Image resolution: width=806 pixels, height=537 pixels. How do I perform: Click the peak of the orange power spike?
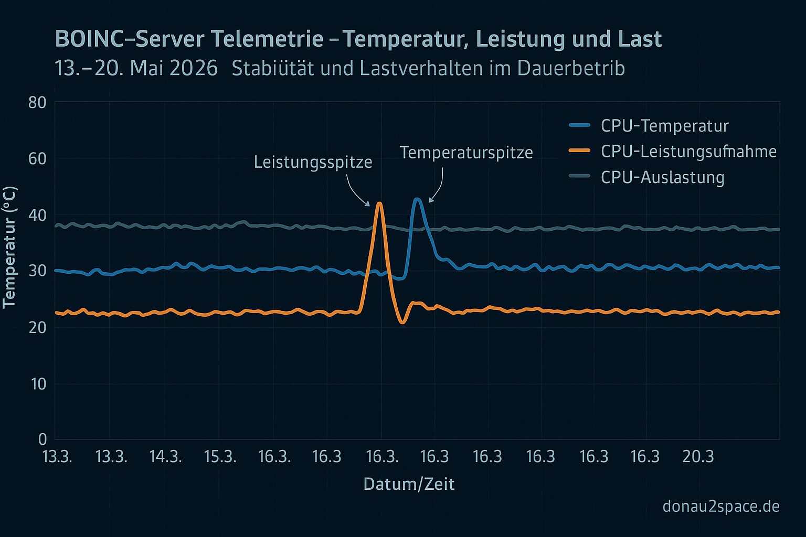379,203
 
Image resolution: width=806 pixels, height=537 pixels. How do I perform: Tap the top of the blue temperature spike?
417,199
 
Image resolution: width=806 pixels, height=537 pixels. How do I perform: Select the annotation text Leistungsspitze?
313,162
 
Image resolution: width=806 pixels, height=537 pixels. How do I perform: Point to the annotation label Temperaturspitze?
466,153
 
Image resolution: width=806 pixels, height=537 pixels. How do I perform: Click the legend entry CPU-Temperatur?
665,126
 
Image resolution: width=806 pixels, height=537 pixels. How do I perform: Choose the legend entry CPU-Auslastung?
662,177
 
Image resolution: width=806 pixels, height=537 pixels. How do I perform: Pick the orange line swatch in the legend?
580,151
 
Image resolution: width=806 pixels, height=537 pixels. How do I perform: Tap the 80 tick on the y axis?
37,103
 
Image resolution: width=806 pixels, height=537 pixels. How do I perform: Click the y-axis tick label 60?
37,158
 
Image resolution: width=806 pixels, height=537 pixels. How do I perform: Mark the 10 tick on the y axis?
38,384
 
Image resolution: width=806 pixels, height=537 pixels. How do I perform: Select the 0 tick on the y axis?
43,439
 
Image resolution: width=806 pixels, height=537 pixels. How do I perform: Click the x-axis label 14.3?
165,456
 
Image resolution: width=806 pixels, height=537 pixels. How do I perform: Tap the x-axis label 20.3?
698,456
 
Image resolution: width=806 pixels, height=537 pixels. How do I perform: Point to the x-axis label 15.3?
220,456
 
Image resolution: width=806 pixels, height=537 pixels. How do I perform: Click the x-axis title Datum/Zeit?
409,485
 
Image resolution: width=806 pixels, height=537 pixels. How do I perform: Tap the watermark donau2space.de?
721,507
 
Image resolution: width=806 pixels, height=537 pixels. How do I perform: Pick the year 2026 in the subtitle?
194,68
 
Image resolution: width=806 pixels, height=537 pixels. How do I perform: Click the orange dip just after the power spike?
402,322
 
